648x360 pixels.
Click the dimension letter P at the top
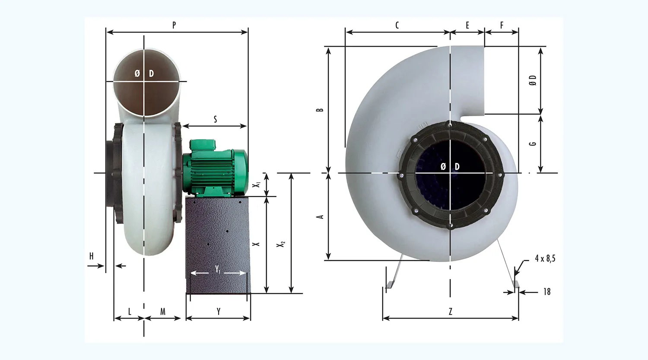pos(174,25)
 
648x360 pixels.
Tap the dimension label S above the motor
pos(215,119)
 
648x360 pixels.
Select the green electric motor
pos(215,168)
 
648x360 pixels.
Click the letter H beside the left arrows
pos(92,256)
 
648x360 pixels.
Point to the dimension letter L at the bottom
pos(130,312)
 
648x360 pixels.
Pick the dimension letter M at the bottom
pos(163,312)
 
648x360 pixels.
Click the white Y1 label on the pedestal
pos(218,269)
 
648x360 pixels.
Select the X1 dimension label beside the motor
pos(256,185)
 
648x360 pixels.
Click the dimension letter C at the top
pos(397,25)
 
